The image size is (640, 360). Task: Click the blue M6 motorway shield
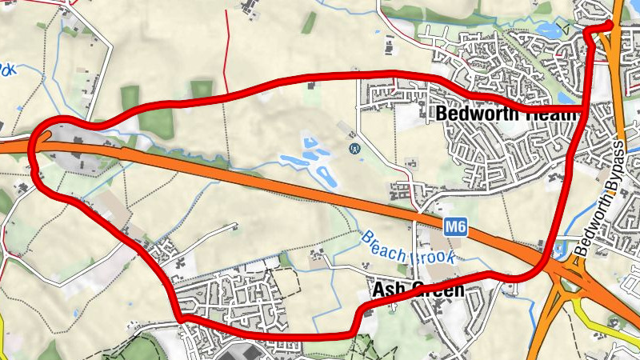(455, 227)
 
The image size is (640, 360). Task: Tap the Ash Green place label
(418, 290)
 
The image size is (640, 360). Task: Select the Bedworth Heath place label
(506, 114)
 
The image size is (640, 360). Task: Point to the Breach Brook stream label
(409, 249)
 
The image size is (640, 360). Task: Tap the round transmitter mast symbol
(353, 148)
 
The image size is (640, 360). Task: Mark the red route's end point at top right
(608, 25)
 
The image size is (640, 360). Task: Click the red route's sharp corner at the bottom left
(182, 318)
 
